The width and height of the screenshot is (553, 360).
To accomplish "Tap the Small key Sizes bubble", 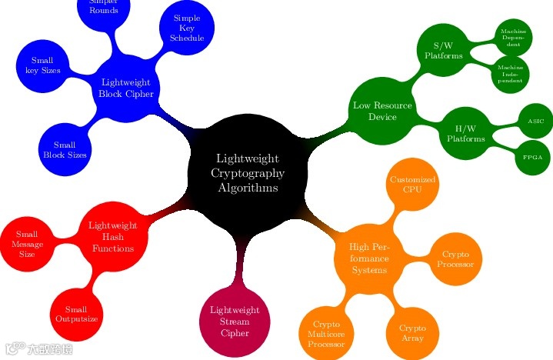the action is [x=46, y=65].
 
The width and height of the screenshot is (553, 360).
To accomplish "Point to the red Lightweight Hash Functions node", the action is [x=113, y=237].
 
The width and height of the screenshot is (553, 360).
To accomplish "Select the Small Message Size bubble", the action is [x=27, y=243].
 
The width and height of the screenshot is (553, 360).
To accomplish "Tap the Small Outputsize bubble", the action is [x=76, y=313].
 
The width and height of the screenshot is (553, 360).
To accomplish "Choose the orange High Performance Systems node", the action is [x=369, y=258].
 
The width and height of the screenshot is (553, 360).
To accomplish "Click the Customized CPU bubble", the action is [x=412, y=185].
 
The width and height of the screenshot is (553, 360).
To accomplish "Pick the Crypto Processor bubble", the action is [x=456, y=259].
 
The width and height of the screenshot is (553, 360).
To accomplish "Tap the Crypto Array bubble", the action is [x=412, y=332].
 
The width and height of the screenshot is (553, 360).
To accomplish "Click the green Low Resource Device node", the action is [x=381, y=111].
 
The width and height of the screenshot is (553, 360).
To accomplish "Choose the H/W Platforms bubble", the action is [x=465, y=133].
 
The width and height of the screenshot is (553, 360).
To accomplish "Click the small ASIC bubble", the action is [x=535, y=122].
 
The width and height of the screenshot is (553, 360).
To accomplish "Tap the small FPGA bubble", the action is [x=533, y=157].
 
